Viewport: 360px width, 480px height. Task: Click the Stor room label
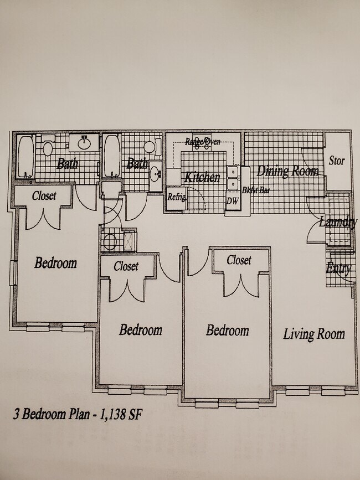(337, 161)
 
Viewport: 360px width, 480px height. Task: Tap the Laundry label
(337, 223)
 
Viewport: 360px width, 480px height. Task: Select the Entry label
(338, 269)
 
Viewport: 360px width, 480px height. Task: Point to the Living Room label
(314, 334)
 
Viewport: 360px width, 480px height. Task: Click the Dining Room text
(287, 172)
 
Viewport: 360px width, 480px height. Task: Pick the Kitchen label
(202, 178)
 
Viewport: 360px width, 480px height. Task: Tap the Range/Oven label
(203, 142)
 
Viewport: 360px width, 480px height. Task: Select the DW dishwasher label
(233, 201)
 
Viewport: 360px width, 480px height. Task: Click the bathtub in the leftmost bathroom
(25, 156)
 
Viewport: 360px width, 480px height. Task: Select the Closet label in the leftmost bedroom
(44, 195)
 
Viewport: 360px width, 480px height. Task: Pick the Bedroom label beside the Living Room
(227, 331)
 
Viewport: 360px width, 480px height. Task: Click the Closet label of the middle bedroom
(126, 266)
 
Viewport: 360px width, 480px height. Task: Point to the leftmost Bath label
(68, 163)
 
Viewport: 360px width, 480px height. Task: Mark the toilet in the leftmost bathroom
(48, 148)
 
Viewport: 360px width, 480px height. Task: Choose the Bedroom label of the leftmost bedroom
(55, 262)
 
